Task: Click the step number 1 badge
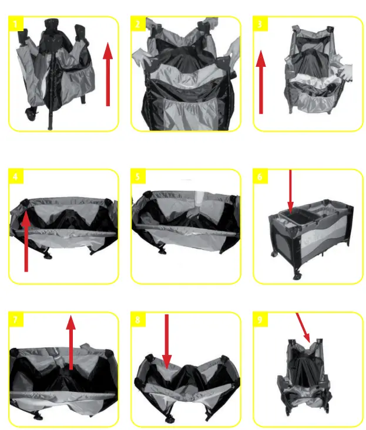[16, 24]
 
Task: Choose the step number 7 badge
[16, 320]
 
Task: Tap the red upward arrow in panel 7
[71, 343]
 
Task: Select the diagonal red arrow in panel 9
[304, 327]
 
